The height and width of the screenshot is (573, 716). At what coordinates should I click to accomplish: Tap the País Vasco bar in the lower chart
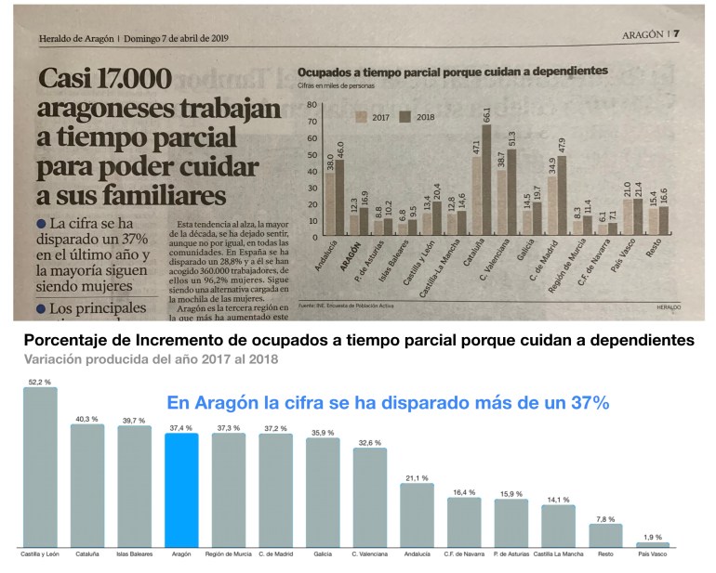652,544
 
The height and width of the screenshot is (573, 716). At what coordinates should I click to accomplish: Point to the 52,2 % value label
40,382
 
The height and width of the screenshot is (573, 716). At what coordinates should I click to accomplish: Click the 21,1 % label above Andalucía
417,477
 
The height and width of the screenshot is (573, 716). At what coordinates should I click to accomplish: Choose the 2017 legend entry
374,117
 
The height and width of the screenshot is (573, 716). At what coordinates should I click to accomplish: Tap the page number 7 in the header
676,34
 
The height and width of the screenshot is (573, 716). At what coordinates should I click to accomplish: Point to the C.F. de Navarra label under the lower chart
464,554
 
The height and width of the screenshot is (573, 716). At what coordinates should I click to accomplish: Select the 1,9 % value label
652,537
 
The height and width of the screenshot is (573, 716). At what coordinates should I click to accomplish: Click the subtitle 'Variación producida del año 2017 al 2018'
147,358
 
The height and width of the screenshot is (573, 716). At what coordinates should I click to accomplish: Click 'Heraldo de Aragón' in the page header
76,39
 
